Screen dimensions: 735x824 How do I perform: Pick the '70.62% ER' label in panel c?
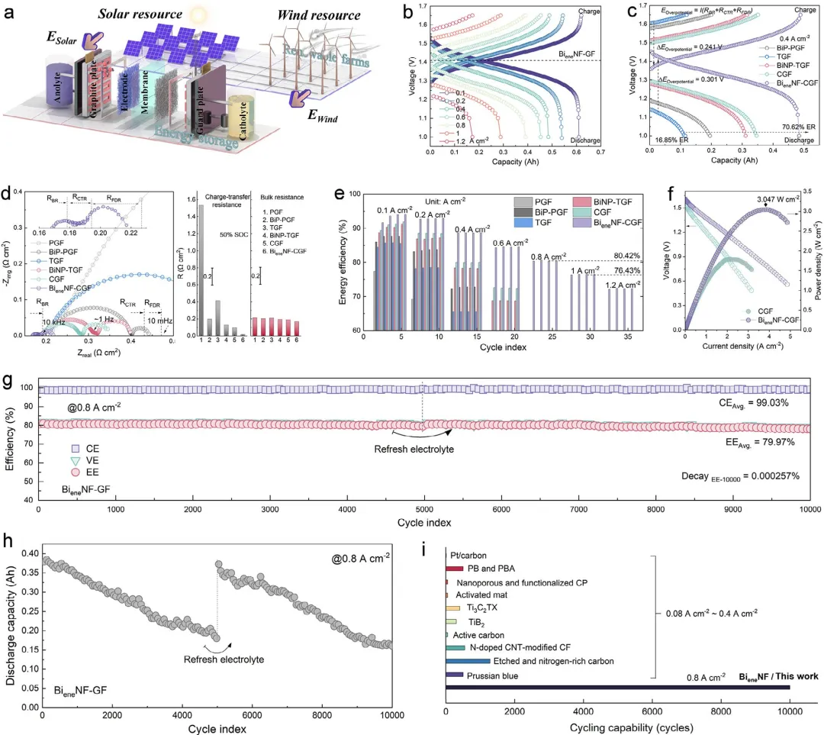coord(778,127)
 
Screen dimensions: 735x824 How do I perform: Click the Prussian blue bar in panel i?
coord(455,675)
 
